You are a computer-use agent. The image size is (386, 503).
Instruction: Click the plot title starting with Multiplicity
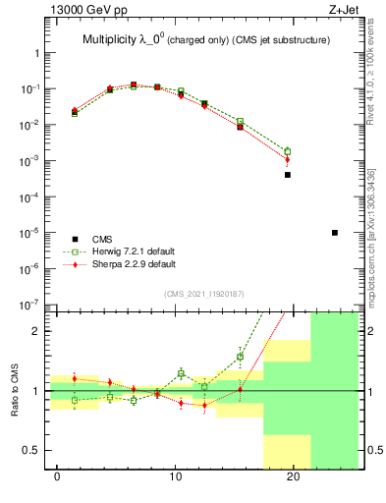(205, 40)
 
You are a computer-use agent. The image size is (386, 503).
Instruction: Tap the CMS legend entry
(102, 239)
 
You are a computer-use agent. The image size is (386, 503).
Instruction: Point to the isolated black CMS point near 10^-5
(335, 233)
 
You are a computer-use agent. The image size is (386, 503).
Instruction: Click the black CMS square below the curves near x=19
(288, 175)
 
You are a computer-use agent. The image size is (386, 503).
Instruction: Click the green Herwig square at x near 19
(288, 151)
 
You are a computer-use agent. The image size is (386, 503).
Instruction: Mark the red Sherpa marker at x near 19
(288, 159)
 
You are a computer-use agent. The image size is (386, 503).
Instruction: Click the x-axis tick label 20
(293, 476)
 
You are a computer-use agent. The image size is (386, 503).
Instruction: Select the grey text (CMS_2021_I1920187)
(205, 294)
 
